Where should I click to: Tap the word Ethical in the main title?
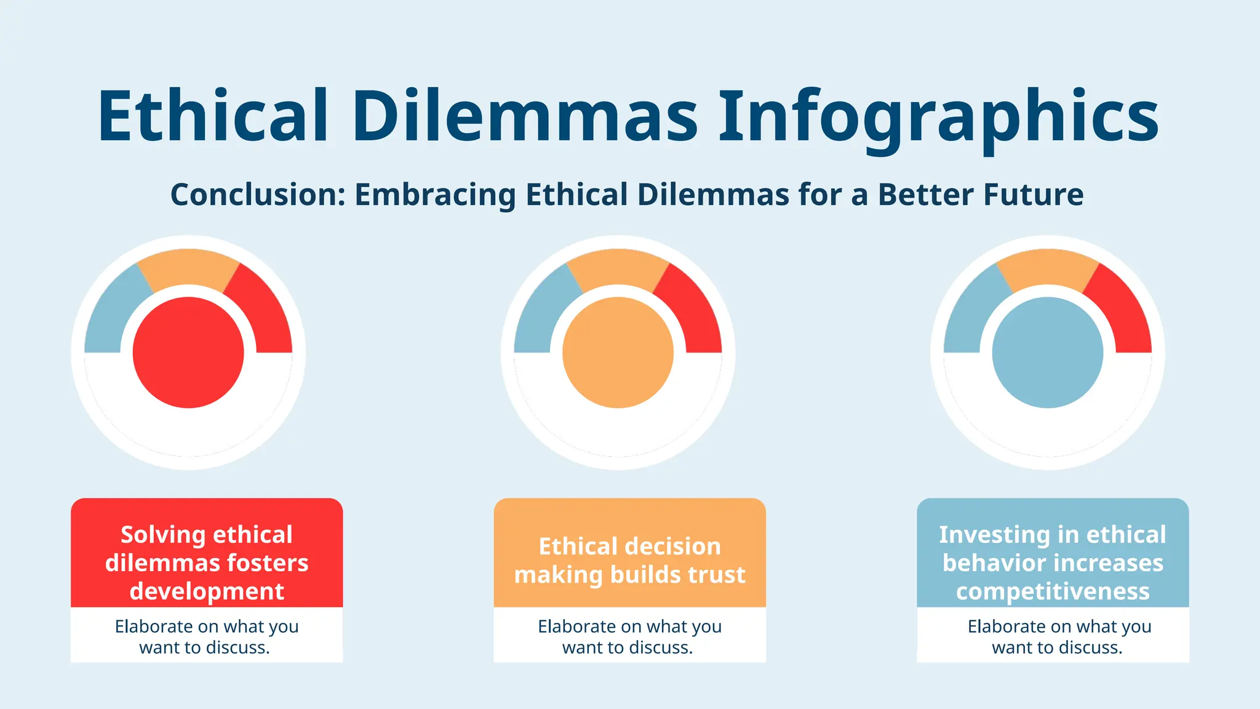point(213,117)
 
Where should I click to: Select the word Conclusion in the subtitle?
point(258,194)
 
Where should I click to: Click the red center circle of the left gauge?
point(188,353)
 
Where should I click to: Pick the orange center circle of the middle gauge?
point(618,353)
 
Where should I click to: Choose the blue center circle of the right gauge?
point(1047,353)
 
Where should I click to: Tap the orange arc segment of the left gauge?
point(188,267)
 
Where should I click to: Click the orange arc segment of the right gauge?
point(1047,267)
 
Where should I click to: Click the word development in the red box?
point(207,591)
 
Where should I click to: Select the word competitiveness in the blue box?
point(1053,591)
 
